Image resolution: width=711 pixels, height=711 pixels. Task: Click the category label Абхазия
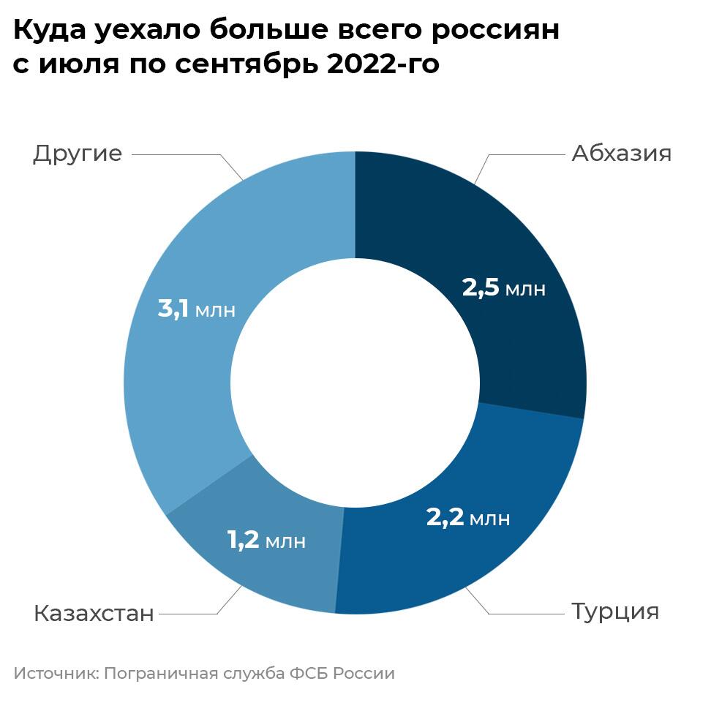621,154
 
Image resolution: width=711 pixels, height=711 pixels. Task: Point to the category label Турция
614,611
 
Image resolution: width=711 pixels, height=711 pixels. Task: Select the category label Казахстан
94,613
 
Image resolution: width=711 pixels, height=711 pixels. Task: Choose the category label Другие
77,154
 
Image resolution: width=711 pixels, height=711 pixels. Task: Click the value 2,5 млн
504,288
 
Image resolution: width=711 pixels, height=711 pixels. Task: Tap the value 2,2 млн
468,518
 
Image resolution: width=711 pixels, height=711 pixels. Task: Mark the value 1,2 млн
266,541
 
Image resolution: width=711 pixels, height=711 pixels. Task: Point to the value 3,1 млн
197,308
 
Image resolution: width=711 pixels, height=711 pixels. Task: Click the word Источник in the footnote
53,673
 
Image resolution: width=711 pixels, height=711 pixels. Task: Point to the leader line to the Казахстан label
190,613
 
